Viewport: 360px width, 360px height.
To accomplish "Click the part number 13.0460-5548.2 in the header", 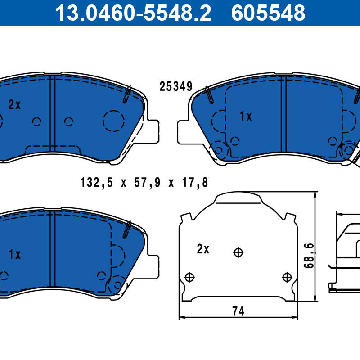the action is click(133, 13).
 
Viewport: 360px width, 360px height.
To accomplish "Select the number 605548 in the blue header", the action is click(268, 13).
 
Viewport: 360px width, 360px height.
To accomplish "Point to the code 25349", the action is click(176, 86).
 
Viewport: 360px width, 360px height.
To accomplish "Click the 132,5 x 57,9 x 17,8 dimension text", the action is click(144, 183).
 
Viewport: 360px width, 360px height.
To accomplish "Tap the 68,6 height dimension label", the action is click(309, 256).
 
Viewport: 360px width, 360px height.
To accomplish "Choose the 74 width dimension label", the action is click(238, 311).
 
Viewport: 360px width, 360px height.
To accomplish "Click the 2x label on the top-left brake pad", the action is click(14, 105).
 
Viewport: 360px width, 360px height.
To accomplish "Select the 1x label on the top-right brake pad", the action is click(246, 116).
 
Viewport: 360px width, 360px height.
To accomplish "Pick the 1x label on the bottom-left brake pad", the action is click(15, 254).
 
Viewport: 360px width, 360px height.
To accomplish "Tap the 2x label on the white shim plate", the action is click(203, 249).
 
